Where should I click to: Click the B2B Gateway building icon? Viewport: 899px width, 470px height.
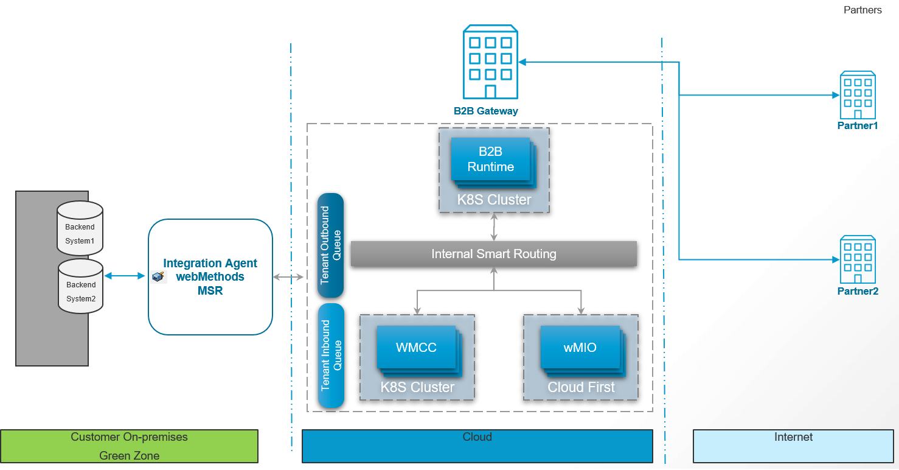click(490, 62)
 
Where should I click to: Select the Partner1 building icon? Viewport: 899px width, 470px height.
click(858, 96)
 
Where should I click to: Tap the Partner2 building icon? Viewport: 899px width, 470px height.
click(858, 260)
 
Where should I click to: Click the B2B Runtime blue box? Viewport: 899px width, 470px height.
click(490, 159)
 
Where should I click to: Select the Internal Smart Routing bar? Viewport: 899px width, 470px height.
click(493, 254)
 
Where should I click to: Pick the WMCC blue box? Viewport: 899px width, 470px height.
click(416, 348)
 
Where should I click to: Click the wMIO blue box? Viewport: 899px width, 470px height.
click(580, 348)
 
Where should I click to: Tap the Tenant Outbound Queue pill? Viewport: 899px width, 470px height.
click(331, 245)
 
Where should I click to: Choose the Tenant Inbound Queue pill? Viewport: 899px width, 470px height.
click(331, 356)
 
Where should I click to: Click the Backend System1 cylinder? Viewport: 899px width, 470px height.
click(80, 229)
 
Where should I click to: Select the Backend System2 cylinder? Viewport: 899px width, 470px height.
click(80, 287)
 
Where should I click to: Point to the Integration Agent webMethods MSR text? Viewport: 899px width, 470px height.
click(210, 277)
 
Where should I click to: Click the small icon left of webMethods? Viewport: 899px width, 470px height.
click(158, 277)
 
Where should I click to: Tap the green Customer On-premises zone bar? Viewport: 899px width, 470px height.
click(129, 446)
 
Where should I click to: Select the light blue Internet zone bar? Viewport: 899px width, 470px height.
click(793, 446)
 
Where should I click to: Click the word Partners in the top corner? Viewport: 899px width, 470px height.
click(863, 10)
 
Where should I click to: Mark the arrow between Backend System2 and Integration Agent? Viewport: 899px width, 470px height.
click(125, 276)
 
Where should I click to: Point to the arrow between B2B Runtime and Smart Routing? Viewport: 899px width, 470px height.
click(494, 226)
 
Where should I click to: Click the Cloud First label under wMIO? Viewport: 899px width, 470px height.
click(581, 387)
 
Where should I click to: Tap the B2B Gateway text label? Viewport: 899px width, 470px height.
click(486, 111)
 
